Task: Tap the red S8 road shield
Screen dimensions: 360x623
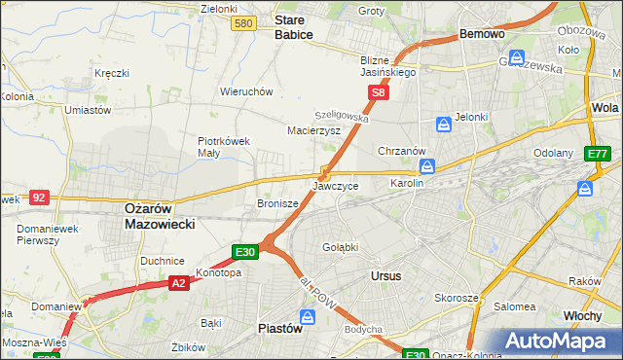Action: click(379, 93)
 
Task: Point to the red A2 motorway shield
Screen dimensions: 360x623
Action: click(178, 283)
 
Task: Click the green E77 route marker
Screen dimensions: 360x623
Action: click(598, 155)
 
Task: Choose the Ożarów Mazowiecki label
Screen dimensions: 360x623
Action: click(160, 215)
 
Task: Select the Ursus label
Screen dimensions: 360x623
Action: click(386, 275)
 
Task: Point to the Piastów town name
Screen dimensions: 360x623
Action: click(280, 328)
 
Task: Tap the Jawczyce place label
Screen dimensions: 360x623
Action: click(336, 185)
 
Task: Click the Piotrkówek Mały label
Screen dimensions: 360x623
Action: click(225, 146)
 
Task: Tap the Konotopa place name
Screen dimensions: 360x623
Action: click(218, 272)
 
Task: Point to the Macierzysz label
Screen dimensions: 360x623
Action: click(313, 129)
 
